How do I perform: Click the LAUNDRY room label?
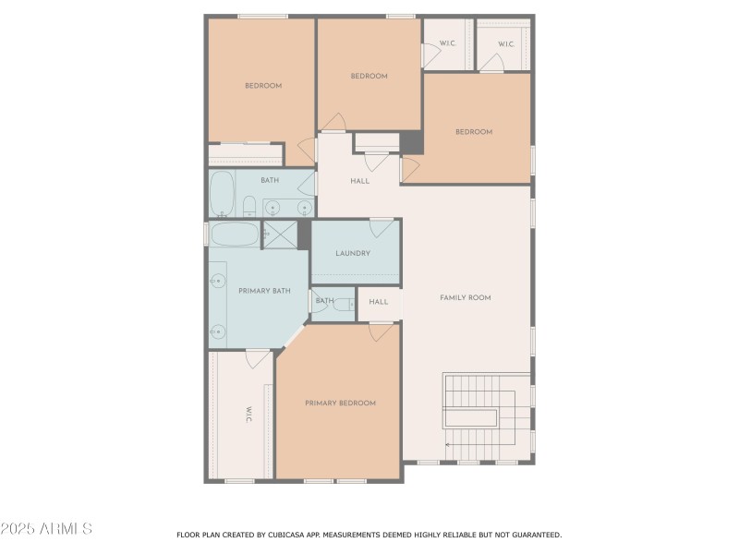[353, 254]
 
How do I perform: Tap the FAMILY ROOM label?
[465, 297]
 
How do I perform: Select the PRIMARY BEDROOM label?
[340, 403]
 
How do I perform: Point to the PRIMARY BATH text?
[264, 291]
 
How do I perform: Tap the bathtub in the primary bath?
[234, 234]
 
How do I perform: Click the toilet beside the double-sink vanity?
[248, 205]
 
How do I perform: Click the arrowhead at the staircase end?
[448, 445]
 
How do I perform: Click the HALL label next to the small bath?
[379, 302]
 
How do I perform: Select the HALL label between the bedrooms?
[360, 181]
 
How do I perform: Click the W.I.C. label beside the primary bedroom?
[249, 415]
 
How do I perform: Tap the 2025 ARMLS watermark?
[46, 529]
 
